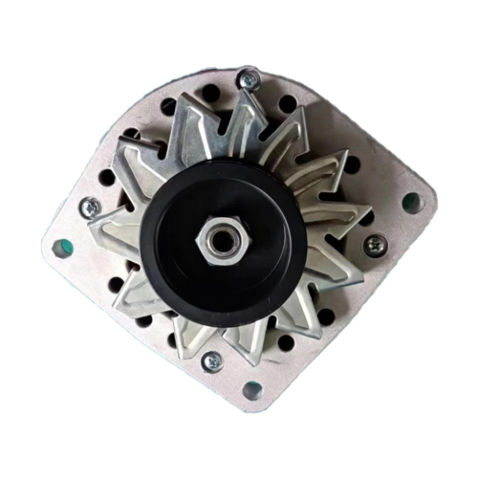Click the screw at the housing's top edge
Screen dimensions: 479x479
[249, 78]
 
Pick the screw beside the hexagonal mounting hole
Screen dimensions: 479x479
[90, 206]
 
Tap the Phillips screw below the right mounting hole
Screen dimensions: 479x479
[374, 244]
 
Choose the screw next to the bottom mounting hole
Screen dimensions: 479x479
[212, 361]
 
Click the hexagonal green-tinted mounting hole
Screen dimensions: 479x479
[61, 248]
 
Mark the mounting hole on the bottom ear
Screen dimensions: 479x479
[252, 390]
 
